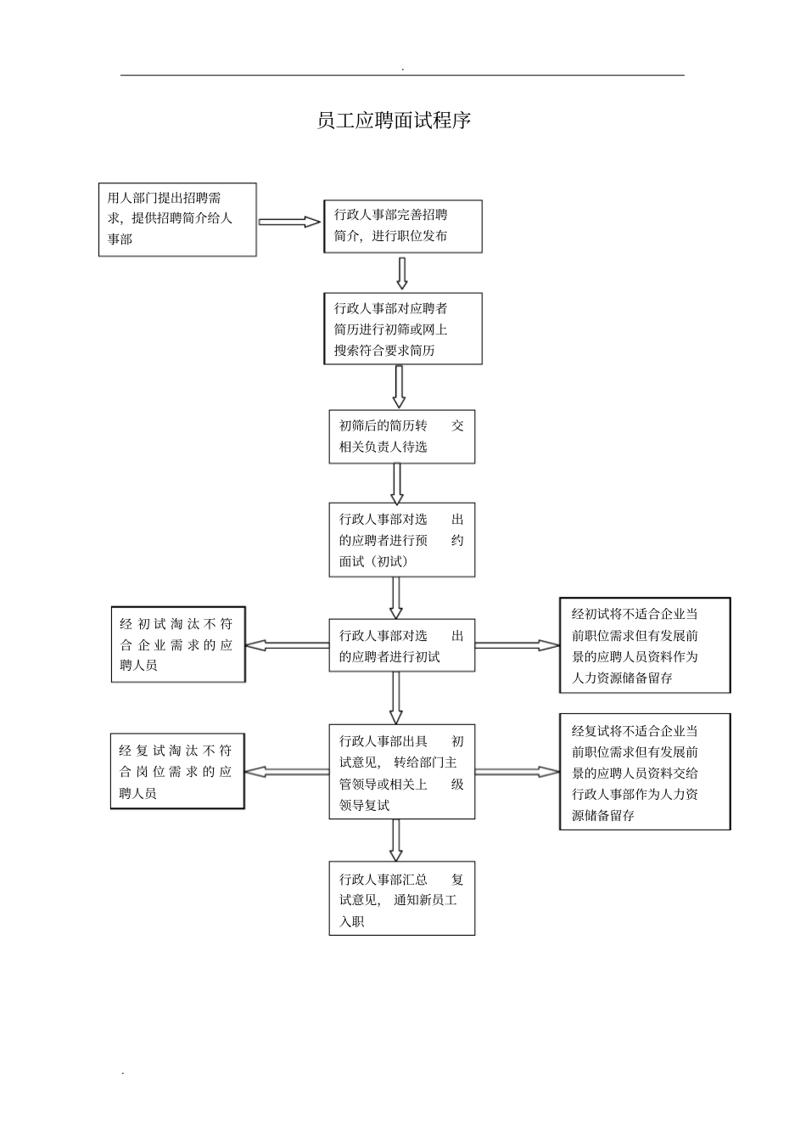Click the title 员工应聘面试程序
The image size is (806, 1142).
393,121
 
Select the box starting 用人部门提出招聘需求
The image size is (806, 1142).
177,219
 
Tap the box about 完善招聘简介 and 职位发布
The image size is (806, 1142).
402,226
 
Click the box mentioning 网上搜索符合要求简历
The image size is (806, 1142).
402,329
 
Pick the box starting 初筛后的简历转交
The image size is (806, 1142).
401,436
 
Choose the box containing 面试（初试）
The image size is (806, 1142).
401,540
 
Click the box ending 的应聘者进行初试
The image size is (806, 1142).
401,645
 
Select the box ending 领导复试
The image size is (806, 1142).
401,772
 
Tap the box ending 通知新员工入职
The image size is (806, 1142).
401,898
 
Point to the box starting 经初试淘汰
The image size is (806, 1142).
178,644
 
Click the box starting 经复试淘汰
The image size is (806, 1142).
177,772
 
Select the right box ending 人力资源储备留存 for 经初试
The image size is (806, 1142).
645,645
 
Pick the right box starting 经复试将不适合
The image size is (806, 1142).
645,772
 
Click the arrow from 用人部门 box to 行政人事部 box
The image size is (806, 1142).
289,222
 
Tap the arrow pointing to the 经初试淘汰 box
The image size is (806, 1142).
287,645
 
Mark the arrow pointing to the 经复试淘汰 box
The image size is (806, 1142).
287,772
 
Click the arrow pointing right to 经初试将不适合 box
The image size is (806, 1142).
517,645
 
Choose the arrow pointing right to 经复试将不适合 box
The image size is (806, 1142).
517,772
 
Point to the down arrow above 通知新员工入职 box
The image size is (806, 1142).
395,840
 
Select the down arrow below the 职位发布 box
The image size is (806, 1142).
402,273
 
